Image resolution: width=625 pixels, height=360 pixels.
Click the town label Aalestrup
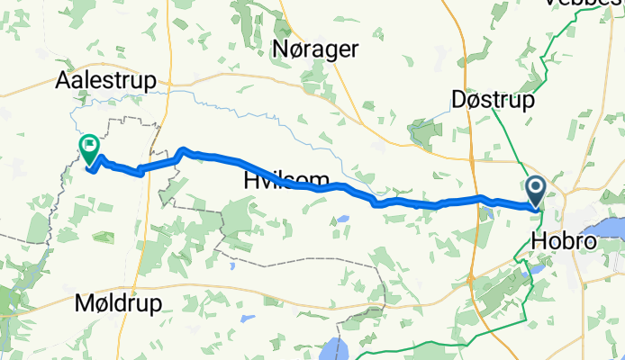[x=105, y=79]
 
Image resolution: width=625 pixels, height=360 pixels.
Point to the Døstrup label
[x=494, y=99]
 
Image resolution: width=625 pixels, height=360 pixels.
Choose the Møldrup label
[x=120, y=303]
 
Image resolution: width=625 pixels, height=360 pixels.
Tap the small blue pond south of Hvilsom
[x=342, y=218]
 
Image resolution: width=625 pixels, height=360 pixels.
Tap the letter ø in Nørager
[x=300, y=49]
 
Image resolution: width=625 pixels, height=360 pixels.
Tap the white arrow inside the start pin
[x=535, y=187]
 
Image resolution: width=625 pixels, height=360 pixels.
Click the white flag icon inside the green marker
[x=90, y=144]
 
